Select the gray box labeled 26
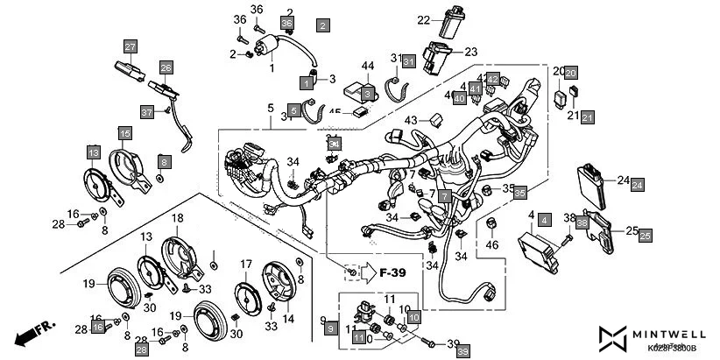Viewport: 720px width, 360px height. (166, 67)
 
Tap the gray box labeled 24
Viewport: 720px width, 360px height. (638, 185)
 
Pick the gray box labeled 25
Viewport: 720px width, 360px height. (645, 236)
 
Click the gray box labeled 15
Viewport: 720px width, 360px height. (125, 133)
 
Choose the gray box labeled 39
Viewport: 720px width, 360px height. (463, 349)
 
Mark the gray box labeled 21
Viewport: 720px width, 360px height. (587, 116)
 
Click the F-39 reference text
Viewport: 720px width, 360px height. (393, 273)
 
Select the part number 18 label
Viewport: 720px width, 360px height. (176, 217)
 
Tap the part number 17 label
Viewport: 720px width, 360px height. (246, 264)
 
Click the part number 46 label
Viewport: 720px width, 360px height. (491, 246)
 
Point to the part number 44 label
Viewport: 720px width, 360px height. (368, 67)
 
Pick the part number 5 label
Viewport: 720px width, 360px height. (271, 108)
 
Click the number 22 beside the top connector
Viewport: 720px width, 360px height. (423, 19)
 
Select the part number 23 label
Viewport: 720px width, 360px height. (470, 51)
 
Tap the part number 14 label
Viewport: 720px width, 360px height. (288, 319)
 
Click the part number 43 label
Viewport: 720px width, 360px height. (411, 120)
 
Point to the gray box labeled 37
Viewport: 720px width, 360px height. (147, 111)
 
